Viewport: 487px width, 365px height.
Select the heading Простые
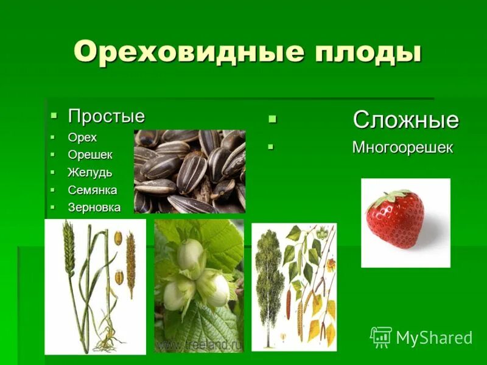(106, 116)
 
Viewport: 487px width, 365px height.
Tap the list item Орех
(82, 137)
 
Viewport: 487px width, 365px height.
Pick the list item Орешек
(90, 155)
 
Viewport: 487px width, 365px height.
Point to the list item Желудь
(90, 173)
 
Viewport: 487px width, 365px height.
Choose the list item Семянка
(93, 190)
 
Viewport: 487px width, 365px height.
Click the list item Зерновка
(94, 207)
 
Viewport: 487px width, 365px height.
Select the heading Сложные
(405, 120)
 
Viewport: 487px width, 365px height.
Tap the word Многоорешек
(402, 148)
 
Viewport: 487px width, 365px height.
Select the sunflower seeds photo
(189, 171)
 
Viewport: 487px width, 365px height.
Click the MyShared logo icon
(381, 336)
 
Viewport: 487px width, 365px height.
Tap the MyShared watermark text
(433, 338)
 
